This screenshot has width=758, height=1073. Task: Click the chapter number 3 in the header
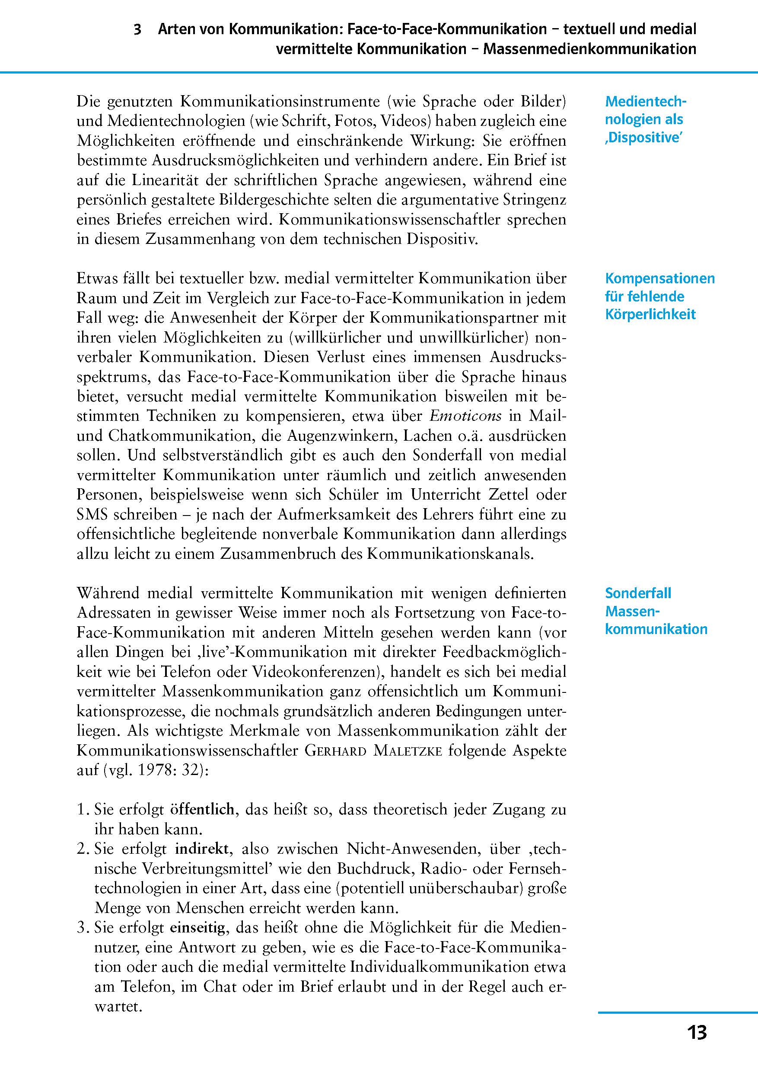137,29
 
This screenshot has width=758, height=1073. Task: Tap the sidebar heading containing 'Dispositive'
645,119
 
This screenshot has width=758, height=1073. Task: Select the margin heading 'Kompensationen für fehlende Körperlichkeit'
659,296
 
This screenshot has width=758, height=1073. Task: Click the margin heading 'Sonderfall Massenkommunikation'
656,611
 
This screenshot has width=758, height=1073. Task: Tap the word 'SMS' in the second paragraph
94,515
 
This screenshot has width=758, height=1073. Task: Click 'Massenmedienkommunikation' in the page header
589,49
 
